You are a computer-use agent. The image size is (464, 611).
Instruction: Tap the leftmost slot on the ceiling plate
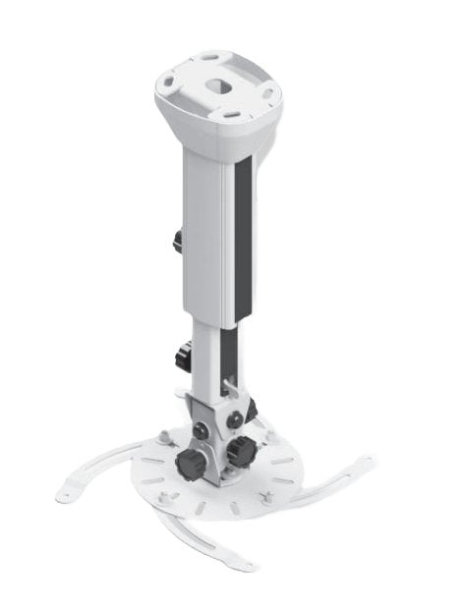173,83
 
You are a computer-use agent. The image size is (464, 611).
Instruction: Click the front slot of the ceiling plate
228,114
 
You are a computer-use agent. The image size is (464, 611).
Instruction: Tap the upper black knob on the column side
177,240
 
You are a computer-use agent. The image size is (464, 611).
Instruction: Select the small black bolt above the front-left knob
200,429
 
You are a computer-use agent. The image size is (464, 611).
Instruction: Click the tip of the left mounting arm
66,496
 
